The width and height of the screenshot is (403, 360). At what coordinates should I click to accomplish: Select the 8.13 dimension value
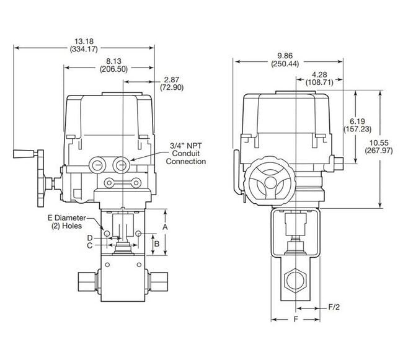[113, 62]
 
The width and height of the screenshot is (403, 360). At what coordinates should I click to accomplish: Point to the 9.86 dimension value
[285, 54]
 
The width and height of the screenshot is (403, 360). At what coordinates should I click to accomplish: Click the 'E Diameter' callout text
[66, 218]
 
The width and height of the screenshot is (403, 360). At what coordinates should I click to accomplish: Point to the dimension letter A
[165, 227]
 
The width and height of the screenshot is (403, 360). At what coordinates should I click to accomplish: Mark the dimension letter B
[157, 244]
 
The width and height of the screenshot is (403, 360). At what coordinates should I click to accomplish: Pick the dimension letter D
[89, 237]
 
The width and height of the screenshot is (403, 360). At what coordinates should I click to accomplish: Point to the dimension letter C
[89, 245]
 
